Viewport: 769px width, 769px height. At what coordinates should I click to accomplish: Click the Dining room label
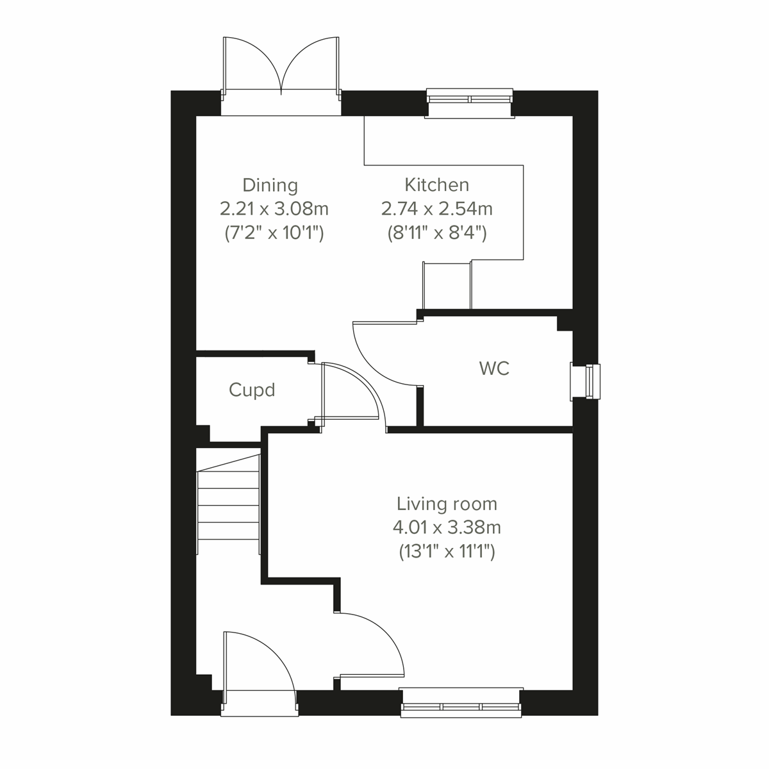coord(270,186)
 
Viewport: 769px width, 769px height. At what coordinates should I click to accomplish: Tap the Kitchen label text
coord(436,185)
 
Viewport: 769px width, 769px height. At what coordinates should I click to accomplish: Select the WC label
coord(494,368)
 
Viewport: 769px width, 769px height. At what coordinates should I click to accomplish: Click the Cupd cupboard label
coord(252,390)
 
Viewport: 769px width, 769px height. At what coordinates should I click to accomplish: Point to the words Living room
coord(447,504)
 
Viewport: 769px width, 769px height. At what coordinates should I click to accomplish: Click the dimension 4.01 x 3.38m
coord(447,528)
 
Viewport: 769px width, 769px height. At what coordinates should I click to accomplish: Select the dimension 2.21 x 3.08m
coord(274,209)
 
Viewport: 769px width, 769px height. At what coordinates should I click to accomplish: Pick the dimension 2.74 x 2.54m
coord(436,209)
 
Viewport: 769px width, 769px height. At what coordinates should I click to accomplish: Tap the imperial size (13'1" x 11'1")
coord(447,552)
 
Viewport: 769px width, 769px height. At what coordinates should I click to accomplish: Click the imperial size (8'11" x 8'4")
coord(436,233)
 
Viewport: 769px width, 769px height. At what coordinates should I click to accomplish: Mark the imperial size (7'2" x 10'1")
coord(274,233)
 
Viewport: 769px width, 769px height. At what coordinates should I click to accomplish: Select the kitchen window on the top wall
coord(470,100)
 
